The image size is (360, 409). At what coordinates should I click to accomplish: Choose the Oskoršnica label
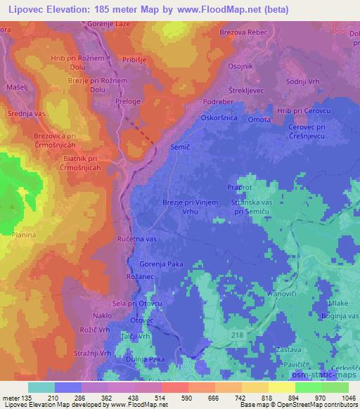pyautogui.click(x=221, y=118)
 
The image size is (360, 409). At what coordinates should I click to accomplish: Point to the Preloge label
pyautogui.click(x=127, y=102)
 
